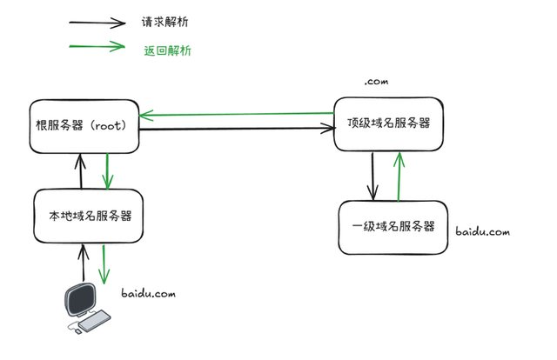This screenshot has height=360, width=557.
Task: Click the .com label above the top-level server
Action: (x=376, y=81)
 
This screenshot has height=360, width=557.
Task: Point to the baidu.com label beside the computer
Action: (x=148, y=295)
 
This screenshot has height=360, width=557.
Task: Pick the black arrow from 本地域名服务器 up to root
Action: (x=80, y=171)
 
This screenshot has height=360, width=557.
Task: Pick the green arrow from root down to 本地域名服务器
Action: (x=106, y=171)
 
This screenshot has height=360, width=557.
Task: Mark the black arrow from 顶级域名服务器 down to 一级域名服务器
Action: (x=372, y=177)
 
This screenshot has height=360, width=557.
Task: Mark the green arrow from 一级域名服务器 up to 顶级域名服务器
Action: (x=399, y=177)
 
